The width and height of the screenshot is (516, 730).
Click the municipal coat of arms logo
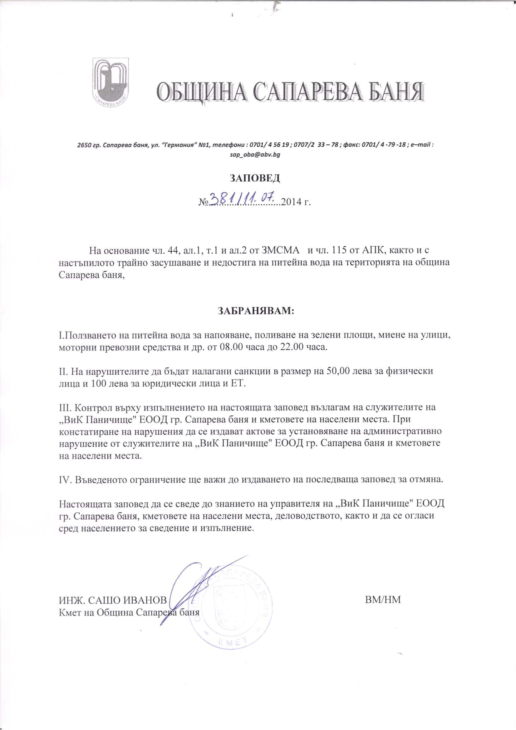click(x=110, y=81)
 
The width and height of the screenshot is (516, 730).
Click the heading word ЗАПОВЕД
click(x=255, y=178)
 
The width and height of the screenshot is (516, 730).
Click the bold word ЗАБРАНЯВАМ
click(x=256, y=310)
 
